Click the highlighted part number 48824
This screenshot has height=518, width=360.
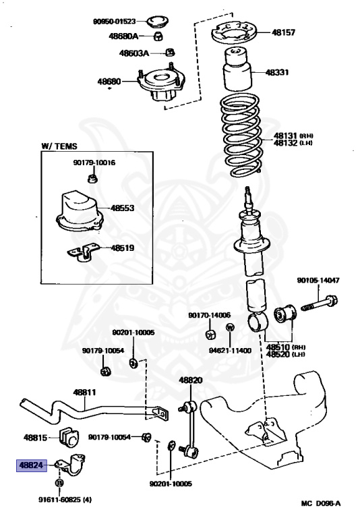click(32, 465)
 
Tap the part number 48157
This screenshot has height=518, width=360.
click(283, 32)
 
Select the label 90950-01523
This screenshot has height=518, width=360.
click(115, 22)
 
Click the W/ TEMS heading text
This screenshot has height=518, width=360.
click(59, 146)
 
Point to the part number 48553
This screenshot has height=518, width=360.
click(122, 208)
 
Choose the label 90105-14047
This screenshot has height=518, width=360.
click(318, 280)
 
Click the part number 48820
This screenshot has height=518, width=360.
click(191, 380)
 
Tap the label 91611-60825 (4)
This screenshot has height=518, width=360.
click(65, 500)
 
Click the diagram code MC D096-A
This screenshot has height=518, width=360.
click(321, 503)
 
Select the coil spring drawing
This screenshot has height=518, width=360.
click(241, 136)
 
